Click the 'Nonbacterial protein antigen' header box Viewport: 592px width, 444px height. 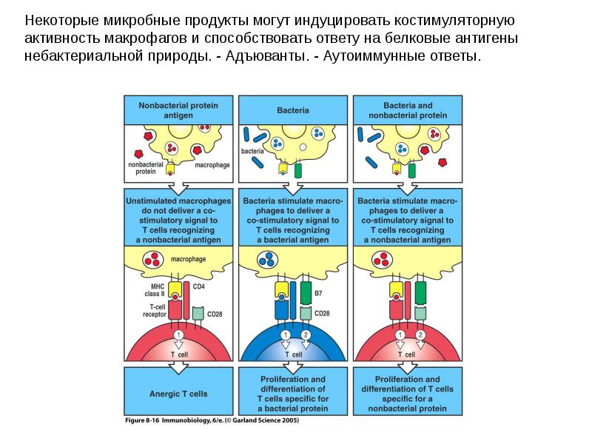click(x=178, y=110)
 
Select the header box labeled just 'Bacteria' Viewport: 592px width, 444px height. click(x=293, y=110)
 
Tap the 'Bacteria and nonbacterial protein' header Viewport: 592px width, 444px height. click(x=408, y=110)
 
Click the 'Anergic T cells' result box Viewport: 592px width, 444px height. click(x=178, y=394)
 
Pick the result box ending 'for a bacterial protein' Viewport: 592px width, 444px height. click(x=293, y=394)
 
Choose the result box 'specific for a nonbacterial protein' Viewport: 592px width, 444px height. click(x=408, y=394)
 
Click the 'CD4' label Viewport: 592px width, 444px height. click(x=199, y=286)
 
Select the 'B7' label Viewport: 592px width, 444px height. click(x=319, y=294)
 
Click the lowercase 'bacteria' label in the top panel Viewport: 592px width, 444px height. click(x=252, y=152)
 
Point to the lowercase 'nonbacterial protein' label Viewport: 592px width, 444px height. click(x=142, y=168)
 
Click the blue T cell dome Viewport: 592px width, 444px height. click(x=293, y=351)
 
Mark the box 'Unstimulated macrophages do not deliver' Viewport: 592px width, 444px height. click(x=178, y=220)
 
